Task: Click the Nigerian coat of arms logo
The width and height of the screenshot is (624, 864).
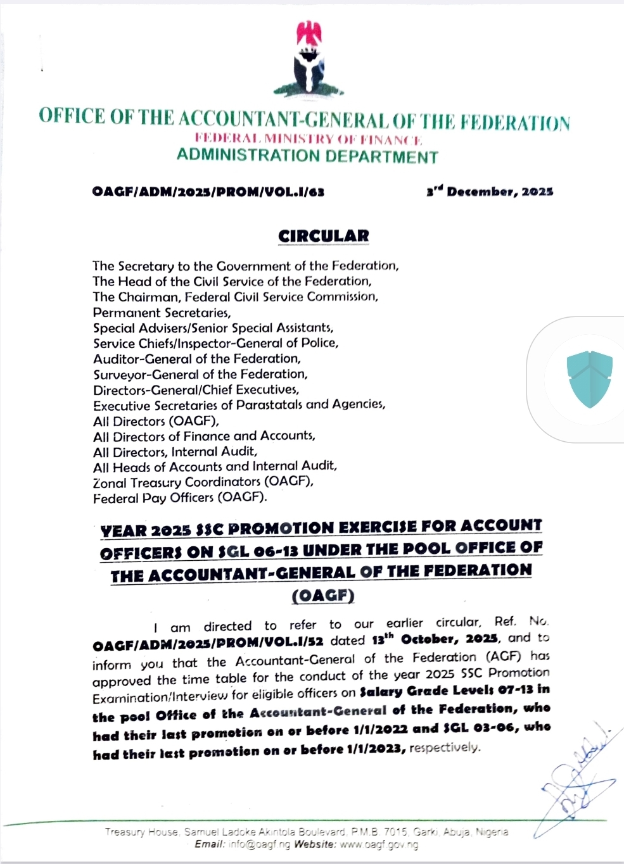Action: tap(312, 60)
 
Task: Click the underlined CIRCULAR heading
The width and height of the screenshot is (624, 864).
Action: tap(324, 236)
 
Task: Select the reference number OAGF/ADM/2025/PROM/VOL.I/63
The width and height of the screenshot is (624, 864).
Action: tap(208, 192)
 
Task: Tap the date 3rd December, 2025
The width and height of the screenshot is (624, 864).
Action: tap(490, 191)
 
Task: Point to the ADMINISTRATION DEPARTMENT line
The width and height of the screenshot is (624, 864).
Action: tap(307, 156)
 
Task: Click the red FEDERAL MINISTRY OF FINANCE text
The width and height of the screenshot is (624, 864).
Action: tap(308, 139)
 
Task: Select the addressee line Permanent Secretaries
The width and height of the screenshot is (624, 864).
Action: tap(162, 313)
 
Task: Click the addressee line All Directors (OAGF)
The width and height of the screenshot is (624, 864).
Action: tap(156, 421)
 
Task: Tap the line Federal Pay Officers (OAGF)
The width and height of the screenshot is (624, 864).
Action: tap(180, 498)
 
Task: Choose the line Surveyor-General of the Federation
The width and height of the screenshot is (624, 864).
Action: tap(200, 375)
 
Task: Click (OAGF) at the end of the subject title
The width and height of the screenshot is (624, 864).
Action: tap(322, 596)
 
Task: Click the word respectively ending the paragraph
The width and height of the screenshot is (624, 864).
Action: tap(444, 748)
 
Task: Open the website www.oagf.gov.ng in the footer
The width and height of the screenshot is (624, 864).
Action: tap(379, 844)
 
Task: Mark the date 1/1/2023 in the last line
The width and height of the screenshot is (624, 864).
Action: tap(374, 750)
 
